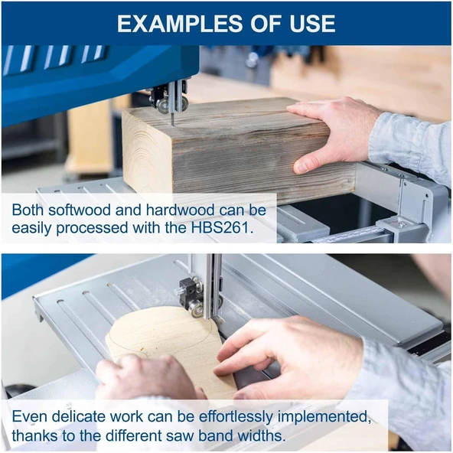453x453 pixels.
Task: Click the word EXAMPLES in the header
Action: coord(179,23)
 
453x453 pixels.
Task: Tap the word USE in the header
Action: coord(312,23)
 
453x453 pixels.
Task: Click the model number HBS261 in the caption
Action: coord(222,228)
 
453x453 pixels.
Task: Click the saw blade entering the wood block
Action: coord(173,119)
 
